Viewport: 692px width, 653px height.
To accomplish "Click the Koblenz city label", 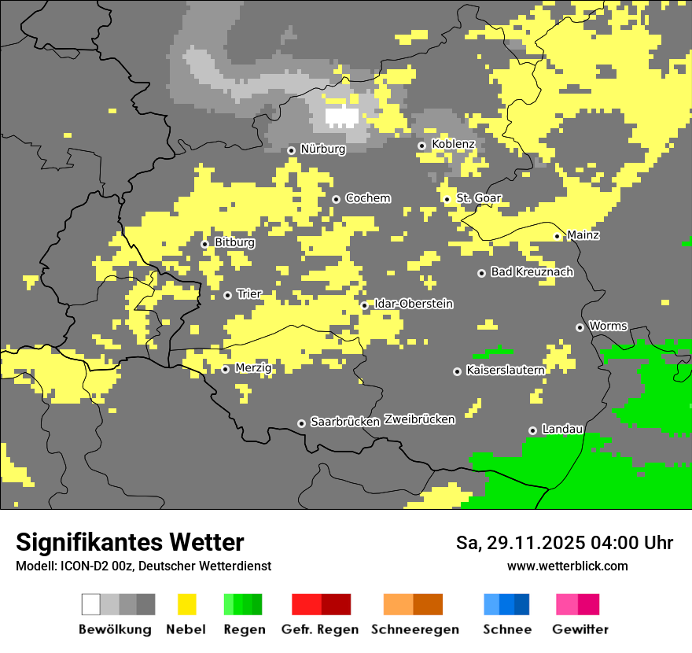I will pos(453,144).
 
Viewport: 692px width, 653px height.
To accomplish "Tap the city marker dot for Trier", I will pos(227,295).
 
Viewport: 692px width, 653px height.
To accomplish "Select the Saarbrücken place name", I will pos(345,422).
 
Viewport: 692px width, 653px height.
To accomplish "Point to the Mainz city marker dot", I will pos(557,236).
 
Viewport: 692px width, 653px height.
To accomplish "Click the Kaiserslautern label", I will pos(505,370).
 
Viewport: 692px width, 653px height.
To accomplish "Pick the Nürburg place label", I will pos(322,149).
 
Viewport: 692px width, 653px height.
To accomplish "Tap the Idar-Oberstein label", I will pos(414,304).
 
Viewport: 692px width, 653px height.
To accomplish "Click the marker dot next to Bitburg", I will pos(204,244).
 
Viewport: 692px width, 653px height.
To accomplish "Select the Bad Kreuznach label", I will pos(532,272).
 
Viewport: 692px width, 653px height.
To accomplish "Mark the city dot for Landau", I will pos(532,430).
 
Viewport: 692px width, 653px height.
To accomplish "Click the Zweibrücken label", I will pos(419,419).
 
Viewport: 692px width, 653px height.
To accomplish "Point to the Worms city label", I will pos(608,326).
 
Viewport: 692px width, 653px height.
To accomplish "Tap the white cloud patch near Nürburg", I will pos(342,117).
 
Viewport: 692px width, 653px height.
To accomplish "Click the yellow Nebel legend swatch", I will pos(186,604).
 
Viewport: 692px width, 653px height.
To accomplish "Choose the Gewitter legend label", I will pos(580,629).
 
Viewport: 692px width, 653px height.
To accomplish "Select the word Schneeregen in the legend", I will pos(415,629).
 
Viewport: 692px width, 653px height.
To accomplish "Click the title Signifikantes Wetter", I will pos(130,542).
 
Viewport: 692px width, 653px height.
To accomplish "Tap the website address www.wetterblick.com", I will pos(567,566).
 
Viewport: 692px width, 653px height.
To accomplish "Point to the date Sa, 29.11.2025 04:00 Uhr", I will pos(564,543).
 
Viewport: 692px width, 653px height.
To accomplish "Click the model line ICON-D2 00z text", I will pos(143,566).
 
